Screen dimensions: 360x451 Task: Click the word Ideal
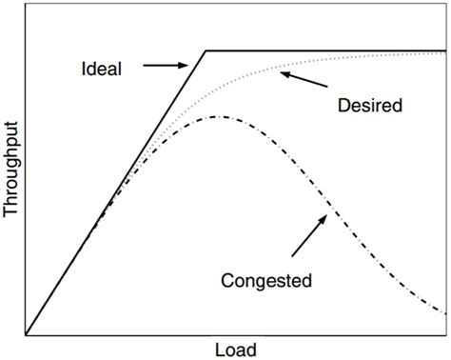[101, 69]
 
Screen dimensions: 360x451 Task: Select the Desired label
[369, 105]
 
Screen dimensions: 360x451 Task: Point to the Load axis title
[235, 349]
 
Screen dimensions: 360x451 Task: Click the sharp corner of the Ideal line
[206, 50]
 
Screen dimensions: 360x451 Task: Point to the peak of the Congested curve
[220, 116]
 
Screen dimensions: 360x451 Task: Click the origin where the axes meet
[27, 335]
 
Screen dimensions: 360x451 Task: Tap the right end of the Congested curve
[445, 313]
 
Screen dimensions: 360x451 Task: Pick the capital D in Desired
[343, 105]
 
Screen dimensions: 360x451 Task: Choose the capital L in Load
[219, 349]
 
